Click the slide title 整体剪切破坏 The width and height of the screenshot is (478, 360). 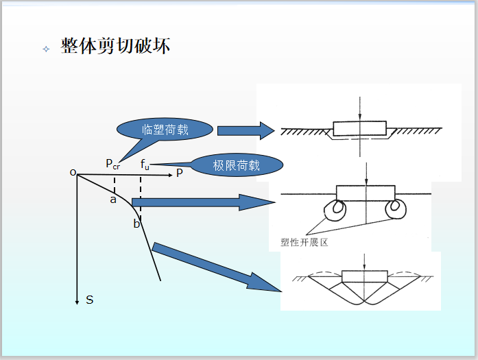coord(115,47)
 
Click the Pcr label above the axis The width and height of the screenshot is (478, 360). coord(112,163)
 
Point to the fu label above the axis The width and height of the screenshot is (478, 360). coord(145,164)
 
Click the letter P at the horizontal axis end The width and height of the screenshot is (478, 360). coord(180,173)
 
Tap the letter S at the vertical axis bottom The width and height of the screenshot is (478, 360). coord(90,300)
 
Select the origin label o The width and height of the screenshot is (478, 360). coord(73,172)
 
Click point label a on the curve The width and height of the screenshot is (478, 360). coord(113,200)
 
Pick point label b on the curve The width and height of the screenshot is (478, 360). coord(136,224)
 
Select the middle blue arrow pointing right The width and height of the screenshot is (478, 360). coord(206,202)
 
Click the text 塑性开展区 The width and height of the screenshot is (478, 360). coord(305,242)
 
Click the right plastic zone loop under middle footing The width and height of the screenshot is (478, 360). coord(396,209)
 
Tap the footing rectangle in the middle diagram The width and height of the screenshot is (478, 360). coord(366,193)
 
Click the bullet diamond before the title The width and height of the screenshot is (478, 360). coord(46,49)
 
